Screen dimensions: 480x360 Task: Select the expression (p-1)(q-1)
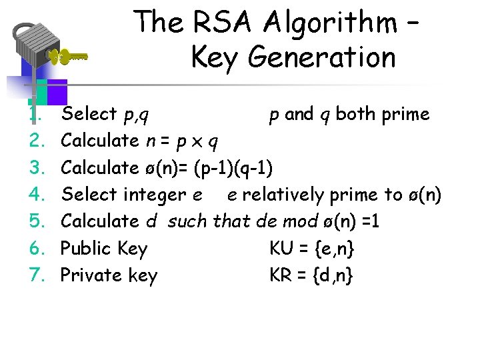coord(233,168)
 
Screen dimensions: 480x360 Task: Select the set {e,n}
coord(329,249)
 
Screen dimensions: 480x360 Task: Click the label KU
coord(283,248)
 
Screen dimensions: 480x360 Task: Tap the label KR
coord(283,275)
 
